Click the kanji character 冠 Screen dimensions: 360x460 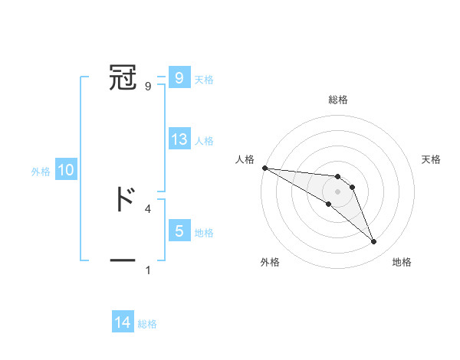tap(123, 77)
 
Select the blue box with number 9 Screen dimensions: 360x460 tap(179, 77)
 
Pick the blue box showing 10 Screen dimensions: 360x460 tap(66, 170)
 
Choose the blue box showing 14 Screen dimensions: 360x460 tap(123, 322)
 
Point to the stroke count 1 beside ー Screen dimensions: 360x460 tap(148, 270)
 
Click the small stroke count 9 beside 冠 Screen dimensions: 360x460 tap(148, 86)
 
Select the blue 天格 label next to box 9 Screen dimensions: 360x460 tap(204, 80)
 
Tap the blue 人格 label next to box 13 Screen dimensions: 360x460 tap(204, 141)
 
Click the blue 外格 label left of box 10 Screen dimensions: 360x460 tap(41, 172)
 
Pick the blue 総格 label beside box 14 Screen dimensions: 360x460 tap(147, 324)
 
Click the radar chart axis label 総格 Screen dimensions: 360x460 tap(338, 100)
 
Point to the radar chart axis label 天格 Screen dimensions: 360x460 tap(432, 159)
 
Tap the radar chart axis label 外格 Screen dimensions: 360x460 tap(270, 262)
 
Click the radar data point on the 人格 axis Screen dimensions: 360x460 tap(264, 167)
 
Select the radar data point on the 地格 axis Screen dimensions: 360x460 tap(373, 242)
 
